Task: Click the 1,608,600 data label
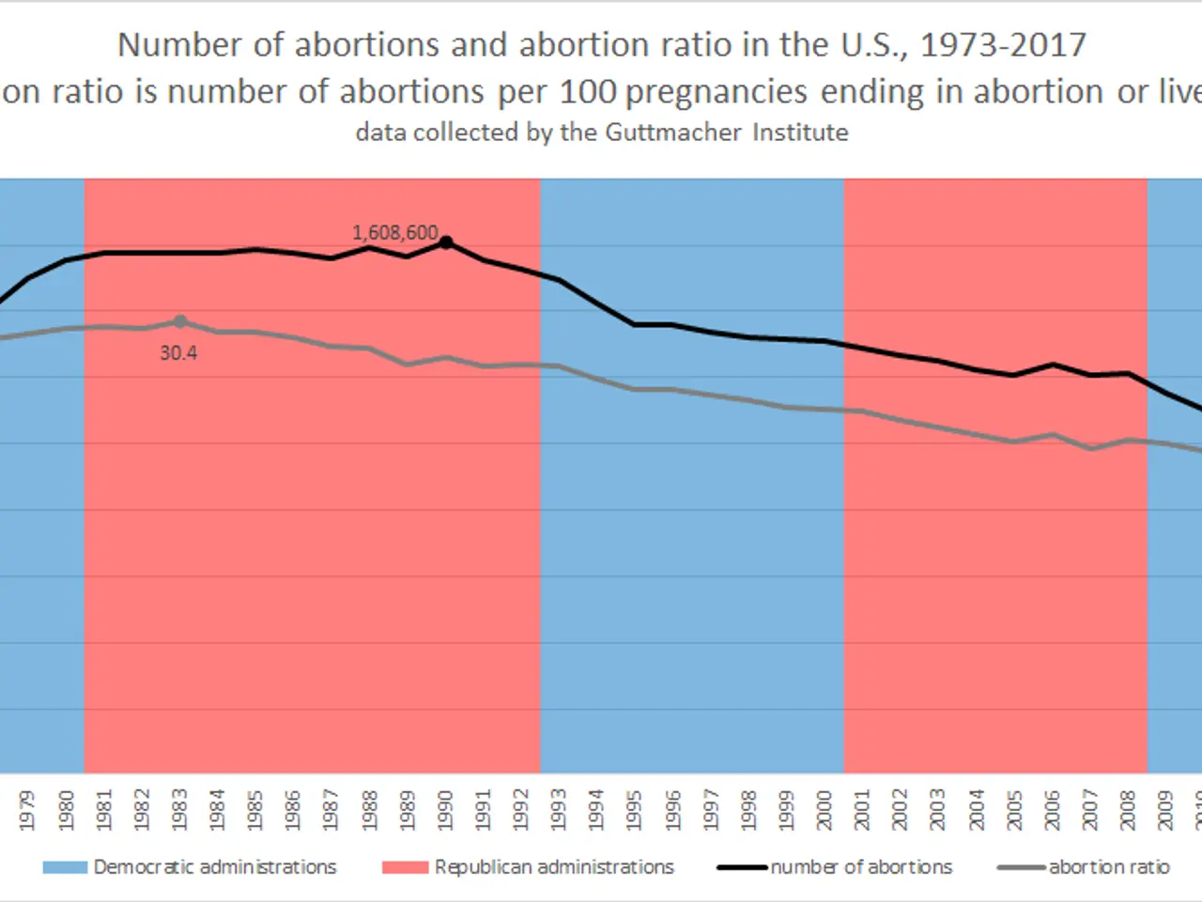click(x=394, y=232)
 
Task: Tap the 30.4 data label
click(x=178, y=353)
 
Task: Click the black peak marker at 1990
click(x=446, y=242)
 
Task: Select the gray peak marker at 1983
click(x=180, y=321)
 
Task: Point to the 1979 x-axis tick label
click(x=27, y=810)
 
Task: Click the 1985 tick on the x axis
click(x=254, y=810)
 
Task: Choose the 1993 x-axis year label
click(x=558, y=810)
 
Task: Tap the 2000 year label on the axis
click(x=824, y=810)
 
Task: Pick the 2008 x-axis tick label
click(x=1128, y=810)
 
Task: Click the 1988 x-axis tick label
click(x=369, y=810)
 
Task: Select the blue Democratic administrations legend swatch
click(x=65, y=867)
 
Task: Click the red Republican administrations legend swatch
click(x=405, y=867)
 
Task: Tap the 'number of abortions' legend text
click(x=861, y=867)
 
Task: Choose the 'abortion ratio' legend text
click(x=1109, y=867)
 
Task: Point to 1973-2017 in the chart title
click(x=1002, y=45)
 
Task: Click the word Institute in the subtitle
click(x=800, y=132)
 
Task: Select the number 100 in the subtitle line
click(x=588, y=92)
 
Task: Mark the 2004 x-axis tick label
click(x=977, y=810)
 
